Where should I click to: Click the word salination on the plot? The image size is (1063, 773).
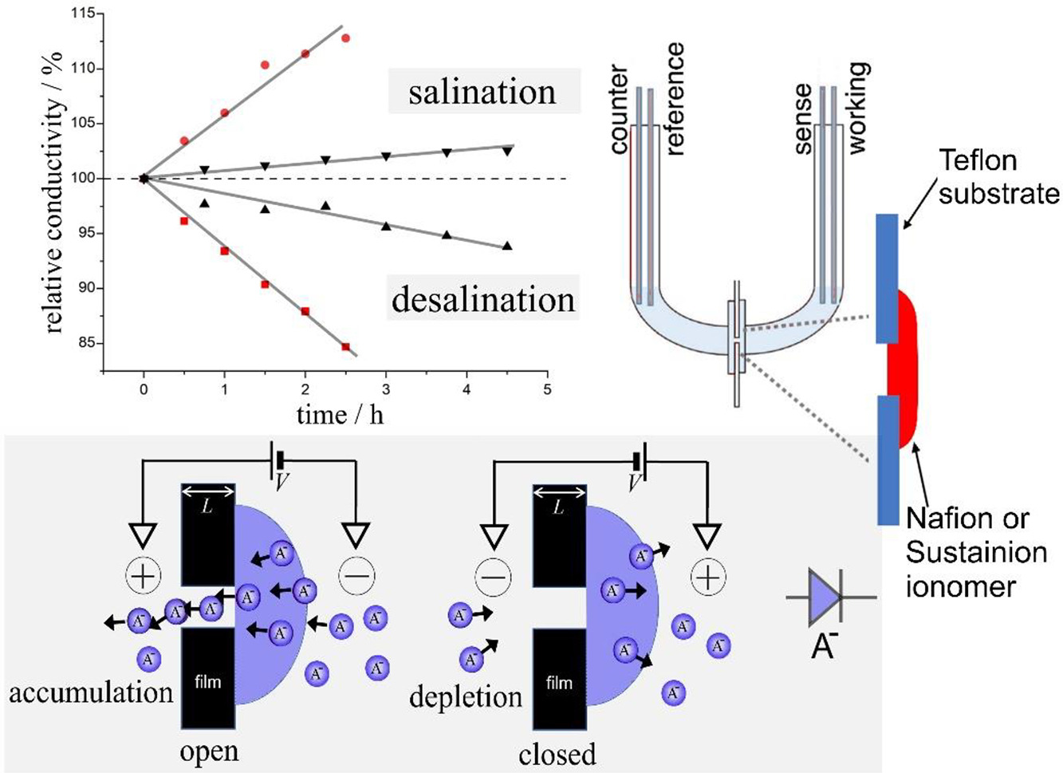pyautogui.click(x=482, y=92)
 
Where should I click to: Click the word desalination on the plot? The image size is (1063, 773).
pyautogui.click(x=482, y=299)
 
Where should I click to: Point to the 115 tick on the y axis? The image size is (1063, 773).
pyautogui.click(x=82, y=14)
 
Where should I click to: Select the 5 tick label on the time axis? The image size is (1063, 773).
pyautogui.click(x=547, y=390)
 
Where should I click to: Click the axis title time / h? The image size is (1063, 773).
pyautogui.click(x=340, y=415)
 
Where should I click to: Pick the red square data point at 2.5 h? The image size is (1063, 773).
pyautogui.click(x=345, y=347)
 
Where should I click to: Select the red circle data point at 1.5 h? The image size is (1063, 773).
pyautogui.click(x=265, y=65)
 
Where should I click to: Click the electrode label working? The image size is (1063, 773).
pyautogui.click(x=857, y=108)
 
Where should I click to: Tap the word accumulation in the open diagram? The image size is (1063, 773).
pyautogui.click(x=91, y=692)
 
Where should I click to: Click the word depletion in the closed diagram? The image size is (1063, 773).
pyautogui.click(x=465, y=696)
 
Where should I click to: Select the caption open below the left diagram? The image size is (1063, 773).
pyautogui.click(x=208, y=751)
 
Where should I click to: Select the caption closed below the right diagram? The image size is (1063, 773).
pyautogui.click(x=557, y=754)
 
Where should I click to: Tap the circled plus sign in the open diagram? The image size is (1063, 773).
pyautogui.click(x=144, y=575)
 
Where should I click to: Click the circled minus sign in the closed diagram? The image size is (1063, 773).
pyautogui.click(x=493, y=576)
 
